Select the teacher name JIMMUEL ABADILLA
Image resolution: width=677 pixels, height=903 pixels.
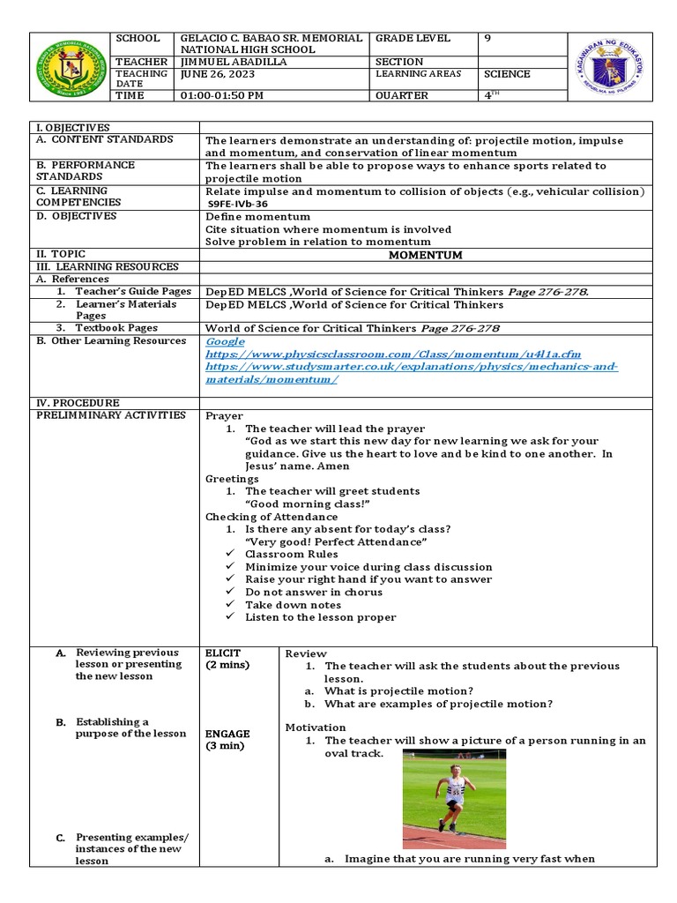[x=232, y=62]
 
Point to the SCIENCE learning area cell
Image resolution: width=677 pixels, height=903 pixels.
[x=508, y=74]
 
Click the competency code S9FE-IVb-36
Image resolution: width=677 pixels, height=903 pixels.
[x=238, y=204]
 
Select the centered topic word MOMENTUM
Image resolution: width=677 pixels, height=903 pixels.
[x=426, y=255]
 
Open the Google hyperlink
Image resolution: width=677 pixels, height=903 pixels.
[x=226, y=341]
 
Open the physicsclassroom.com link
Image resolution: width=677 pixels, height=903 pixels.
[x=393, y=354]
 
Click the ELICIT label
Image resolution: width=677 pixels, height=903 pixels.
[x=223, y=653]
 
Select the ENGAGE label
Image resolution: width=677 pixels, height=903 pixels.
[x=227, y=734]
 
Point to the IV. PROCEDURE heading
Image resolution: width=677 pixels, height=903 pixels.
[x=78, y=402]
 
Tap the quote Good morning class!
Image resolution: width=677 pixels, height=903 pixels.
[x=306, y=504]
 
